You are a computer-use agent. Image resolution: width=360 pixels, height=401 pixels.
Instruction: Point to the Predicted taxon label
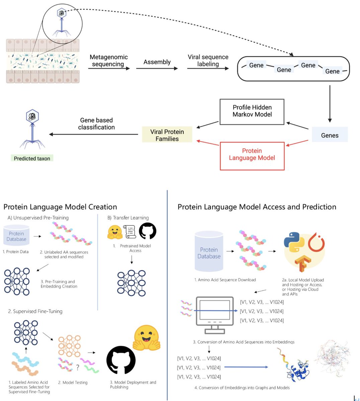pyautogui.click(x=32, y=158)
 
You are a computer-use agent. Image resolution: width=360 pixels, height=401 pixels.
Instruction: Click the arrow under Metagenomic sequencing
pyautogui.click(x=109, y=69)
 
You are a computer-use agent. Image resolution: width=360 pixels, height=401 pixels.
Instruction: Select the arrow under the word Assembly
pyautogui.click(x=157, y=69)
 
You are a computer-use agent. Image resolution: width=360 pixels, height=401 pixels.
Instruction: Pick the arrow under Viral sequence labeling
pyautogui.click(x=208, y=69)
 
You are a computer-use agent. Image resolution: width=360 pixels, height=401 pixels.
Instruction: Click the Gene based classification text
pyautogui.click(x=96, y=124)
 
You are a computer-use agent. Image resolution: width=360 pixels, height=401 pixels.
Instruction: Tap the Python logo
pyautogui.click(x=294, y=242)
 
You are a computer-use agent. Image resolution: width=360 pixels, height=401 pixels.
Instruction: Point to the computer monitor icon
pyautogui.click(x=215, y=315)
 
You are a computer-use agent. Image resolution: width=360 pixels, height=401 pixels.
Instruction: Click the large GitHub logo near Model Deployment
pyautogui.click(x=121, y=361)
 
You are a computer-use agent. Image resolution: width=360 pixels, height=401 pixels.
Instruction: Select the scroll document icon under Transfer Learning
pyautogui.click(x=130, y=232)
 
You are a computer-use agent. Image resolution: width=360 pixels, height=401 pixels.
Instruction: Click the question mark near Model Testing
pyautogui.click(x=78, y=368)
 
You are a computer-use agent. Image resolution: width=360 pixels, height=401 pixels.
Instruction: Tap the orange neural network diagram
pyautogui.click(x=69, y=346)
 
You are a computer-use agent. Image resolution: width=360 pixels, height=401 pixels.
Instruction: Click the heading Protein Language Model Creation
pyautogui.click(x=60, y=207)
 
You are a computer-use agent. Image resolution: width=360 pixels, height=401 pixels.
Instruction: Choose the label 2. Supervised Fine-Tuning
pyautogui.click(x=35, y=311)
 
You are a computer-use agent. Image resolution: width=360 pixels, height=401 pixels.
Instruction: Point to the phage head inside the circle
pyautogui.click(x=62, y=13)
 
